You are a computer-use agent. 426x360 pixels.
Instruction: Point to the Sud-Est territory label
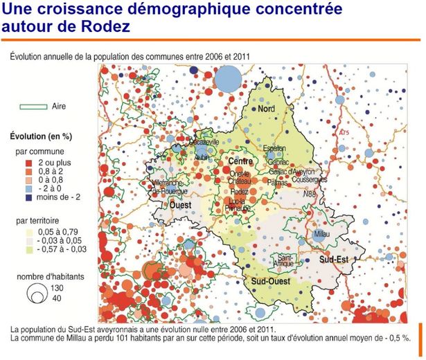[x=334, y=258]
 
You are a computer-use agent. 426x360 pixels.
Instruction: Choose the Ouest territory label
[x=180, y=205]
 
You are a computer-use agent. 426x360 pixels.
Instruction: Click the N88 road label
[x=313, y=195]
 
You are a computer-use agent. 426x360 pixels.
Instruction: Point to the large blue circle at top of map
[x=227, y=81]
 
